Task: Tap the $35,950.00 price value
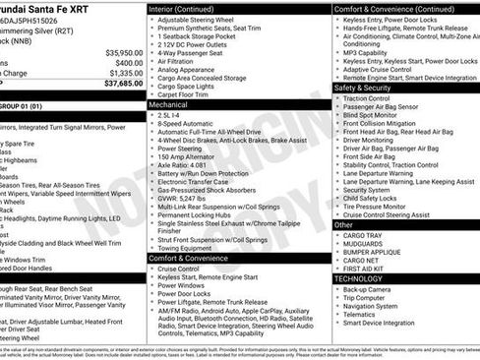pyautogui.click(x=122, y=52)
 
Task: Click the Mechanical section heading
pyautogui.click(x=168, y=102)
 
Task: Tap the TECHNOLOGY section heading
pyautogui.click(x=358, y=278)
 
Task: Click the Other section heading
pyautogui.click(x=344, y=224)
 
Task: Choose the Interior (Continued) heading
pyautogui.click(x=189, y=8)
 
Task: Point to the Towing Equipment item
pyautogui.click(x=190, y=248)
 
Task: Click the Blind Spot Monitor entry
pyautogui.click(x=376, y=115)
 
